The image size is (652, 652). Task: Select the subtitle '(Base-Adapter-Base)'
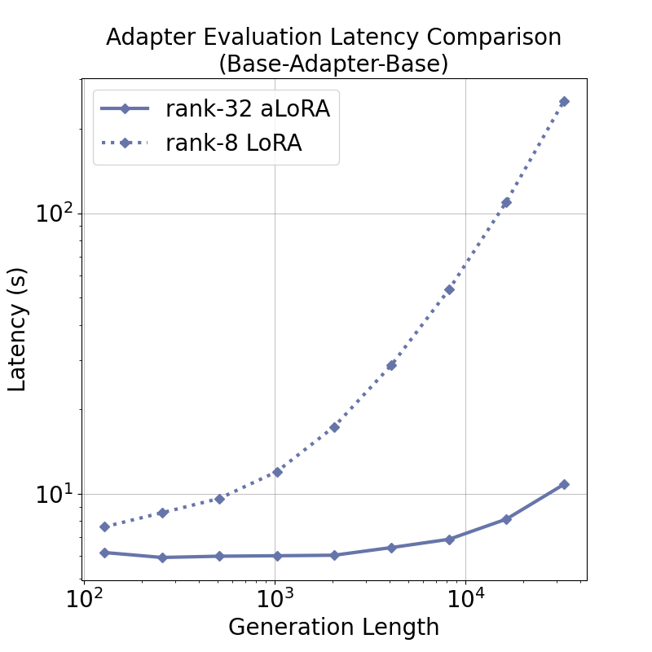coord(333,64)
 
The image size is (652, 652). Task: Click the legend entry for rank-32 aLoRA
coord(247,108)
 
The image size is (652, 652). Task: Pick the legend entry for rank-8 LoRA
coord(233,143)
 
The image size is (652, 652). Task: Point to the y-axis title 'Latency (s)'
coord(18,328)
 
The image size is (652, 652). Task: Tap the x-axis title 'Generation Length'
coord(333,627)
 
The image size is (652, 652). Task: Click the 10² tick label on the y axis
coord(53,213)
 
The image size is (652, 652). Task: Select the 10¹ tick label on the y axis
coord(53,494)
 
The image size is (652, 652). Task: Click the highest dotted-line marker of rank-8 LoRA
coord(564,102)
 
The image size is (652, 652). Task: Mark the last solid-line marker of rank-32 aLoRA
coord(564,484)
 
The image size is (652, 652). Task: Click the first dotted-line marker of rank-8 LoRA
coord(104,526)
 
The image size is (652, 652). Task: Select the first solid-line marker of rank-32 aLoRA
coord(104,553)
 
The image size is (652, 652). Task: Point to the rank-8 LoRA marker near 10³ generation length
coord(277,472)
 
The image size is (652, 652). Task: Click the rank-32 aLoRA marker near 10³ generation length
coord(277,556)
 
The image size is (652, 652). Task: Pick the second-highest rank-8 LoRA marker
coord(506,202)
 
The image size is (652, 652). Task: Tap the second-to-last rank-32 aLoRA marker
coord(506,519)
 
